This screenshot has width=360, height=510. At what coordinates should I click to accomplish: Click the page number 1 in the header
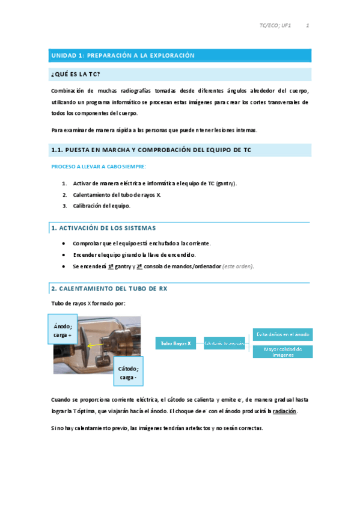307,26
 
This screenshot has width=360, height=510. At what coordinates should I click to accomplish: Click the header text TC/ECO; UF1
275,26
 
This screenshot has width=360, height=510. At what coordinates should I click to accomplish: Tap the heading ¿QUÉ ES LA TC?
76,74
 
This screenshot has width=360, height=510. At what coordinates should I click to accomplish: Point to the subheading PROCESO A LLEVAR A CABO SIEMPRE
98,166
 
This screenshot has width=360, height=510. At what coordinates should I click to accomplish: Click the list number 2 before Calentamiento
64,195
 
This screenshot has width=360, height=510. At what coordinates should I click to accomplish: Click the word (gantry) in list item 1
225,183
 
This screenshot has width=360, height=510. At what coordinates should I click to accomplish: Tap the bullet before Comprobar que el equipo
64,243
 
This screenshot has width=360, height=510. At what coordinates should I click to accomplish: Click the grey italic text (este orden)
237,266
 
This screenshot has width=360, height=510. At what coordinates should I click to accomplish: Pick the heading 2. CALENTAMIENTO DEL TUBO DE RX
109,289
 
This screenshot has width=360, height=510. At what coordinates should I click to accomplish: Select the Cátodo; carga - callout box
127,373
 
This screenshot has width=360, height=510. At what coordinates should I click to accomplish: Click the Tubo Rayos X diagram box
175,343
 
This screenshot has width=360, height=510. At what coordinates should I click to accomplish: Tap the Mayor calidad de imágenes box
282,352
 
